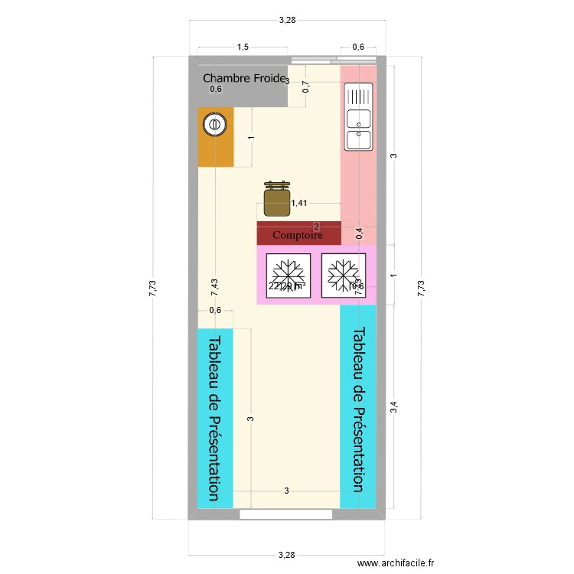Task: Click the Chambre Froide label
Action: point(242,78)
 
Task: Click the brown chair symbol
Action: point(277,199)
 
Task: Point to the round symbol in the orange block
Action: point(216,123)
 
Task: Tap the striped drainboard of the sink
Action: point(358,96)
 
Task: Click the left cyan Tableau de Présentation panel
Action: point(215,418)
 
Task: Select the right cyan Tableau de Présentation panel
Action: point(357,410)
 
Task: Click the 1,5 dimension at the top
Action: point(243,47)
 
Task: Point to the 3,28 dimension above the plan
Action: point(287,20)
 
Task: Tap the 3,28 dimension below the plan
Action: point(287,554)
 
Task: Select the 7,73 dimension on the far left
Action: point(152,287)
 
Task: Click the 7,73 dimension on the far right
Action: point(420,287)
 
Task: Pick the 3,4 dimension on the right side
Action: point(394,408)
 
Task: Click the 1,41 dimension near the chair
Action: point(298,203)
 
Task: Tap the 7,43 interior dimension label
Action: point(215,287)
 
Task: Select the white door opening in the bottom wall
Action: point(287,514)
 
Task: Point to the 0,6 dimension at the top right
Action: point(358,47)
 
